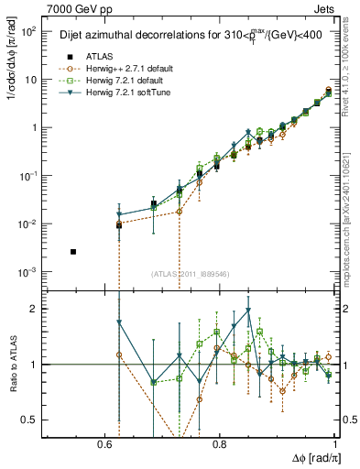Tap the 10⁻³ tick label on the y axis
coord(27,273)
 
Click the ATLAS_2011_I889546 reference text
coord(191,274)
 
